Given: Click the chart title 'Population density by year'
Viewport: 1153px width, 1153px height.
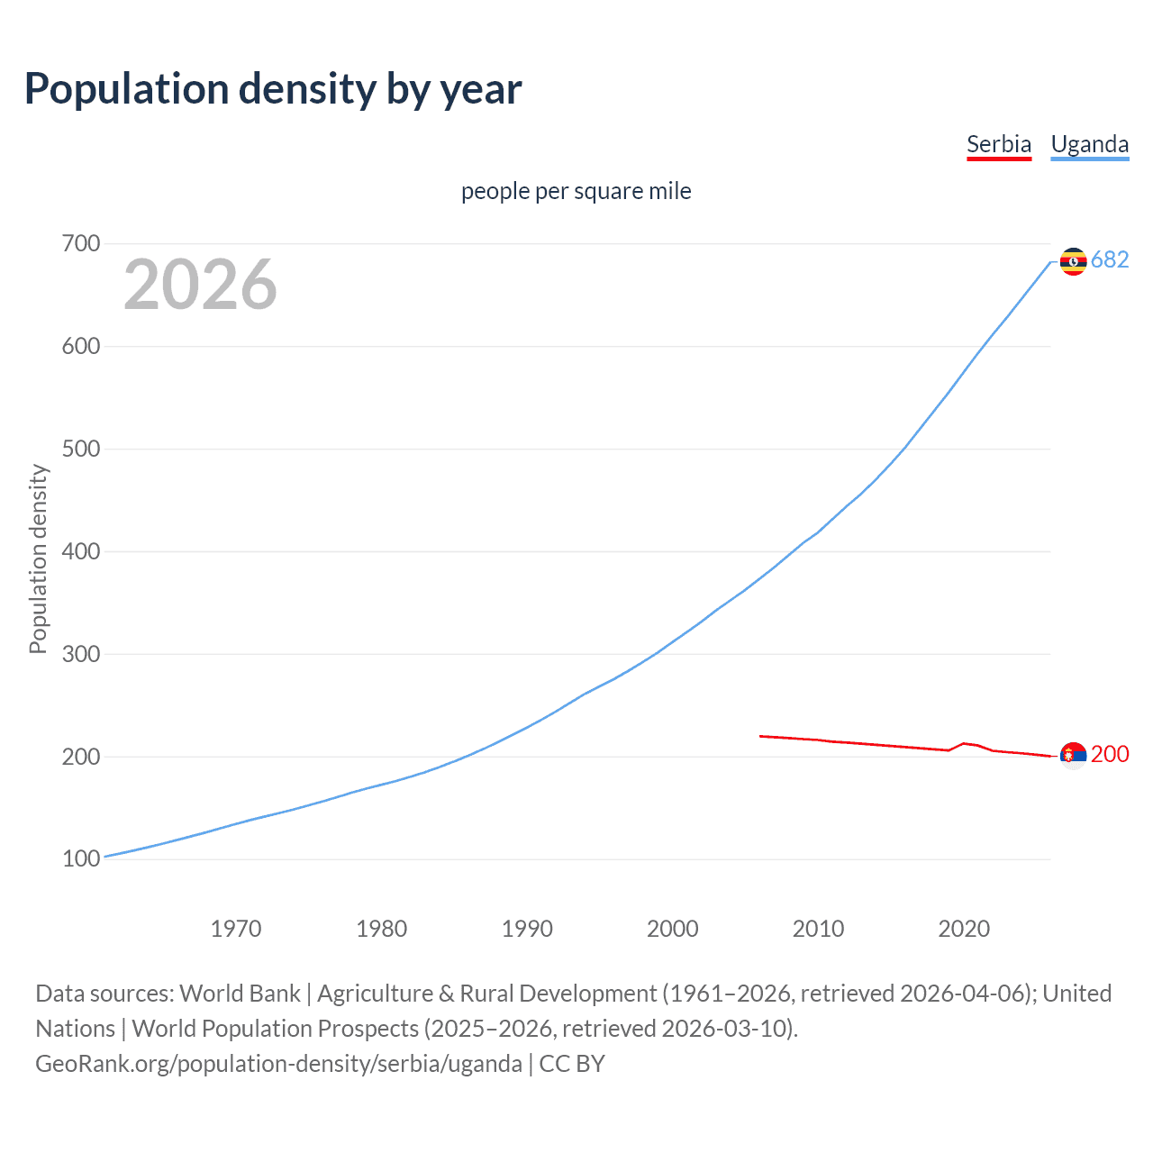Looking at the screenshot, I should click(273, 89).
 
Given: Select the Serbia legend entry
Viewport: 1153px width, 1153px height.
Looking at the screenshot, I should click(998, 144).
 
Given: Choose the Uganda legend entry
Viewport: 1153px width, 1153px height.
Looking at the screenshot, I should click(1089, 144).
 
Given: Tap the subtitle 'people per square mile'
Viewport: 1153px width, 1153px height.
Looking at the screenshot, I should click(576, 191).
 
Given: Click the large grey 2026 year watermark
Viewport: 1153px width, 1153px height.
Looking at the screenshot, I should click(200, 285).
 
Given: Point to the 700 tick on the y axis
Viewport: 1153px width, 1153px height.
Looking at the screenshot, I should click(81, 244).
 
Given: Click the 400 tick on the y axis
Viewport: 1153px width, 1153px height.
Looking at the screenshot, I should click(81, 551).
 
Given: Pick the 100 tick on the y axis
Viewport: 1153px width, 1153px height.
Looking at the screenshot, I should click(81, 859).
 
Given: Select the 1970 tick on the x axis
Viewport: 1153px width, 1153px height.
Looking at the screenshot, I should click(236, 928).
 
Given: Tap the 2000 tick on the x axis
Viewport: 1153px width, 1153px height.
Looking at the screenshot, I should click(672, 928).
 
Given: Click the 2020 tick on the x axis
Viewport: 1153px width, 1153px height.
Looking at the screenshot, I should click(964, 928).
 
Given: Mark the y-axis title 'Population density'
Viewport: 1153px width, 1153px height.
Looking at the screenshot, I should click(38, 558).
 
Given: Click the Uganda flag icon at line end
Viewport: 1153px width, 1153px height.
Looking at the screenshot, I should click(1073, 261).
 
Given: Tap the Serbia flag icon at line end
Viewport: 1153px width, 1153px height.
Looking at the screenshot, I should click(1073, 755).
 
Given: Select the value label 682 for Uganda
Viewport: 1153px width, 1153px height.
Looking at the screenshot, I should click(1110, 259).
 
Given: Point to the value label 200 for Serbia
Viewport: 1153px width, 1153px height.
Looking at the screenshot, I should click(1110, 754).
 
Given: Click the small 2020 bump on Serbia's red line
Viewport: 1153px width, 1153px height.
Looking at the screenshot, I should click(964, 743).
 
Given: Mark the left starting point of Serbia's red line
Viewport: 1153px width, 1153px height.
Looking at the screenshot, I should click(761, 736).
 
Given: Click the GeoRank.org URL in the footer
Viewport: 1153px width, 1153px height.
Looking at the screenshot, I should click(278, 1064).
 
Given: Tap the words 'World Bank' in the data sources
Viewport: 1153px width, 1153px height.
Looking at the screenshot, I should click(240, 994).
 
